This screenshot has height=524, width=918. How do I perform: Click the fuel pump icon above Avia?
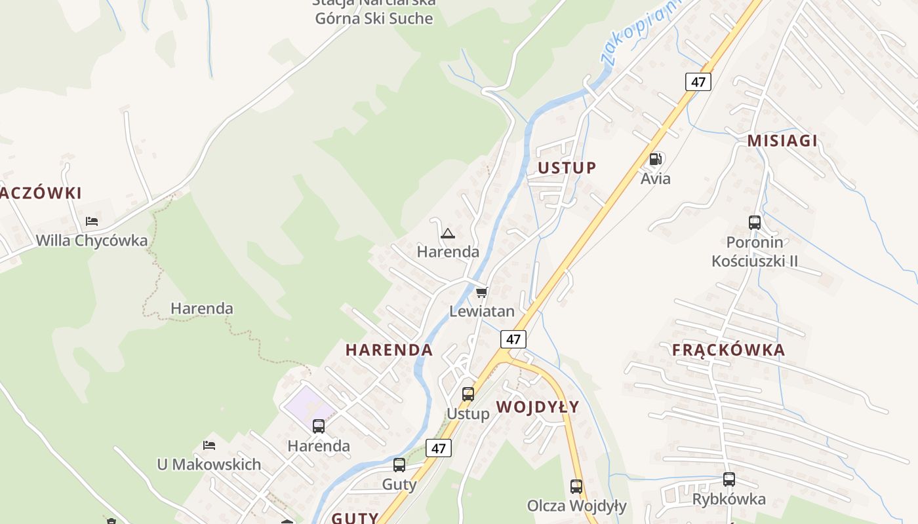tap(655, 159)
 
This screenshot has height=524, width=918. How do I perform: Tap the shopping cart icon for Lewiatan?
tap(482, 292)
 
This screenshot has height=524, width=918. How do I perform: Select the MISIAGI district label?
tap(782, 141)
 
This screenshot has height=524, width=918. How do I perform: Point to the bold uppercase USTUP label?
tap(567, 168)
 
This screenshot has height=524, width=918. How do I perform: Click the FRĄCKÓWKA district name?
tap(728, 350)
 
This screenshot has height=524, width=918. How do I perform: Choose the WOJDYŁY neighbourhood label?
tap(538, 407)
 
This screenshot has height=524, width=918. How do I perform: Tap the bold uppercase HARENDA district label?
tap(389, 350)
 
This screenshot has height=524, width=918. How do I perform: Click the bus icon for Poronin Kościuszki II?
tap(755, 223)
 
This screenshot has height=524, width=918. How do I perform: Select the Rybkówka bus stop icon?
tap(729, 479)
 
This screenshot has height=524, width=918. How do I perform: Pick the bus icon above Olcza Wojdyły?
tap(576, 487)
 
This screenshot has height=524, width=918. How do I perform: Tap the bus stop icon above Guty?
tap(399, 465)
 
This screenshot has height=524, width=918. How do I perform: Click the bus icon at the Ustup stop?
tap(468, 394)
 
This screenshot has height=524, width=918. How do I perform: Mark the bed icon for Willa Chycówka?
tap(92, 221)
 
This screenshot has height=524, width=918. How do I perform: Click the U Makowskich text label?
tap(209, 464)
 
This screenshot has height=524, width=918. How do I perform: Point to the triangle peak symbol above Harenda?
tap(448, 233)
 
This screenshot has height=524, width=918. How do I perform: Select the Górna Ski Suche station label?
tap(374, 18)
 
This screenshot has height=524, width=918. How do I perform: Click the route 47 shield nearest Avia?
tap(698, 82)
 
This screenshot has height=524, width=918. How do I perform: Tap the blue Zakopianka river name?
tap(639, 33)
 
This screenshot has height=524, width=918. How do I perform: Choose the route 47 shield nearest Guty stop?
tap(439, 448)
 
